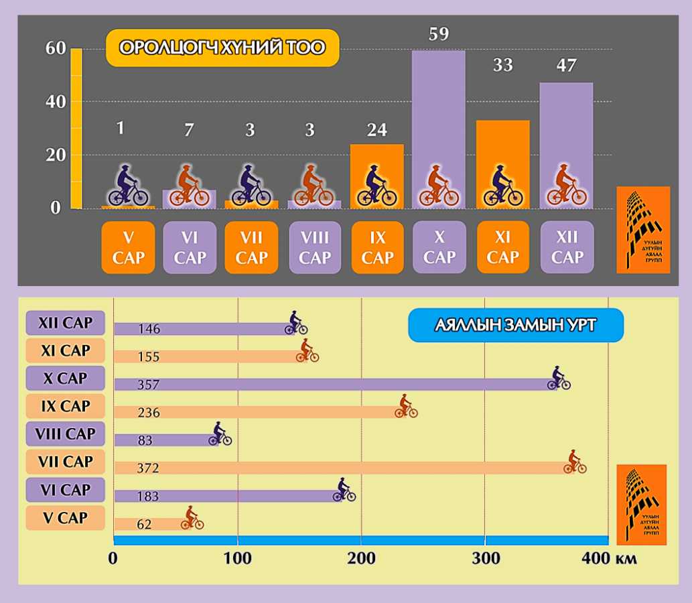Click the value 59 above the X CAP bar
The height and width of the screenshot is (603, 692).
point(438,33)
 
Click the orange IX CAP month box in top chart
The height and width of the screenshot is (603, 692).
point(377,247)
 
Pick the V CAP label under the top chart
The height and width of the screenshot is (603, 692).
point(128,247)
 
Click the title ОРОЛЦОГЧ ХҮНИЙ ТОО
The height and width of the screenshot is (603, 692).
point(222,48)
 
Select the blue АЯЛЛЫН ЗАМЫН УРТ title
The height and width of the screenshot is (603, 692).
point(515,325)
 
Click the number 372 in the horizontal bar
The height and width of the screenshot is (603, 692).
point(149,468)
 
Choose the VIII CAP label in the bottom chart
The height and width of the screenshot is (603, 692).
point(65,433)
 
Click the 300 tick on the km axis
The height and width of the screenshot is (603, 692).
point(484,559)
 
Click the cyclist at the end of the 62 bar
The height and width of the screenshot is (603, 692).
point(192,519)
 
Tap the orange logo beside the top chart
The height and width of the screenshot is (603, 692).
point(642,230)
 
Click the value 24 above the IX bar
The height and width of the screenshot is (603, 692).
point(376,130)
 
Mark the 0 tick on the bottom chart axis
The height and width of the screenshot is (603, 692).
point(114,559)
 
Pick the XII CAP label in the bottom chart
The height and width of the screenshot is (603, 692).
point(65,322)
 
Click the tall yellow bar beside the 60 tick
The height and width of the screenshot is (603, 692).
point(76,127)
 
